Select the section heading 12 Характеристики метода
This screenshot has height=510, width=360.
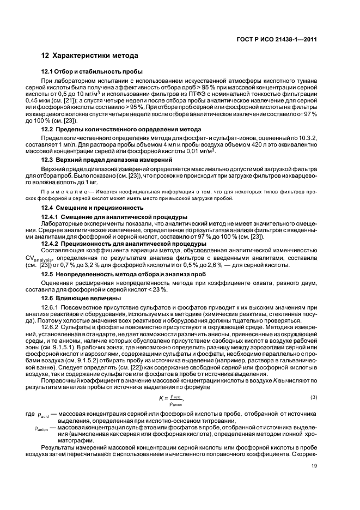click(x=90, y=56)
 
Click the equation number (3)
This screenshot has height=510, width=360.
click(x=313, y=396)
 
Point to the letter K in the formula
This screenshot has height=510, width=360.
click(x=162, y=399)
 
